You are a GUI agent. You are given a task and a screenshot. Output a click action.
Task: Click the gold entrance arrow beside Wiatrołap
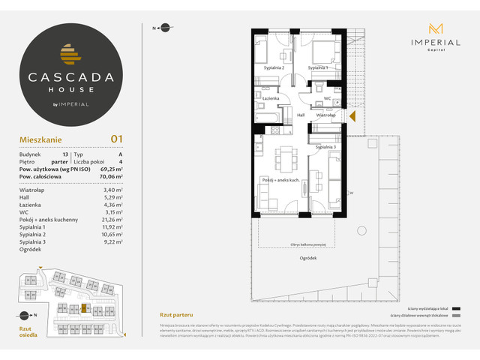coord(352,115)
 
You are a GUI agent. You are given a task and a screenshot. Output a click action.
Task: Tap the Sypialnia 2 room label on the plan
coord(273,67)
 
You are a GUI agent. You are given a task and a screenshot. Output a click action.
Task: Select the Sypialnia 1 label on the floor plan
coord(318,67)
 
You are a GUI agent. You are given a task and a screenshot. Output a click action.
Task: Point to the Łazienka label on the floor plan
coord(271,98)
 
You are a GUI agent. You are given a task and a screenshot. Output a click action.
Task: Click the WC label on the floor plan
coord(327,98)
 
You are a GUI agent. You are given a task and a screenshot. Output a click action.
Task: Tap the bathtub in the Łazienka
coord(268,118)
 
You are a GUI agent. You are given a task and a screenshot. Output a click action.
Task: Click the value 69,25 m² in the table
coord(115,171)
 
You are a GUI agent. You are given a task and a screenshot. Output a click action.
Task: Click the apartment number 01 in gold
coord(116,138)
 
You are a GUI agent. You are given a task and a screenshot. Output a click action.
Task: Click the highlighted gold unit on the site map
coord(84,307)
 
